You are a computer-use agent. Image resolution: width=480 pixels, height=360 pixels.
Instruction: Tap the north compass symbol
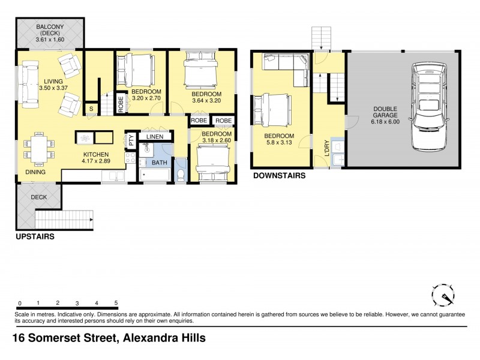tap(445, 297)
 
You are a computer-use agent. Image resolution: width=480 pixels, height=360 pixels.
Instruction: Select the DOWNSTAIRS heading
tap(279, 176)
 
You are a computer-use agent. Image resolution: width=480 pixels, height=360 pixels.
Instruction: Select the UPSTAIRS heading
tap(35, 237)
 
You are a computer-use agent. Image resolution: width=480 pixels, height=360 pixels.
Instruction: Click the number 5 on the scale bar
tap(115, 304)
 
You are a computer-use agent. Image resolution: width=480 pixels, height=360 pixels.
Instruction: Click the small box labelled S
tap(91, 109)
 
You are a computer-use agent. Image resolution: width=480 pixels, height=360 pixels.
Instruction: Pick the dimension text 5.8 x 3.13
tap(279, 143)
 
